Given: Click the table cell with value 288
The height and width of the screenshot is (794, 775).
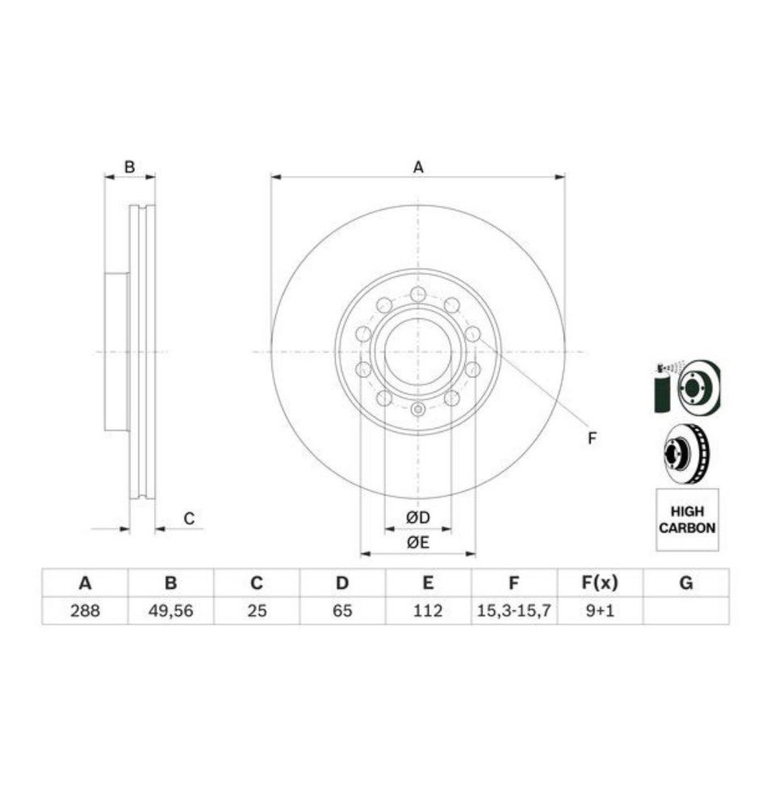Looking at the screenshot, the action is click(x=85, y=611).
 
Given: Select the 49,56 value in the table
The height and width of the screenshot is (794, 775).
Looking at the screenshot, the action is click(x=170, y=611).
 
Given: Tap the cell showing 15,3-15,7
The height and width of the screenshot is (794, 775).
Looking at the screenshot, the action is click(x=513, y=611).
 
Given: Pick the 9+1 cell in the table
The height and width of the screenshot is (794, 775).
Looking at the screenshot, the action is click(x=600, y=611).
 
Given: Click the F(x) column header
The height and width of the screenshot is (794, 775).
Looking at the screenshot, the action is click(x=600, y=583).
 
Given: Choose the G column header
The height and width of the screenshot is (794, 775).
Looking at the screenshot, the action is click(x=686, y=583).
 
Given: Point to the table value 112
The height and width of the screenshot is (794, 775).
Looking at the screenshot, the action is click(x=428, y=611).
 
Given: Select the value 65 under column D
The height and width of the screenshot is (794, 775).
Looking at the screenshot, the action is click(x=342, y=611).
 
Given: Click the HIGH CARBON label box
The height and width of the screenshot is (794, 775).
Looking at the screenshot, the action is click(x=687, y=519).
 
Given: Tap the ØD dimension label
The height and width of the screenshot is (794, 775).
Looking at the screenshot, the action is click(x=417, y=518).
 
